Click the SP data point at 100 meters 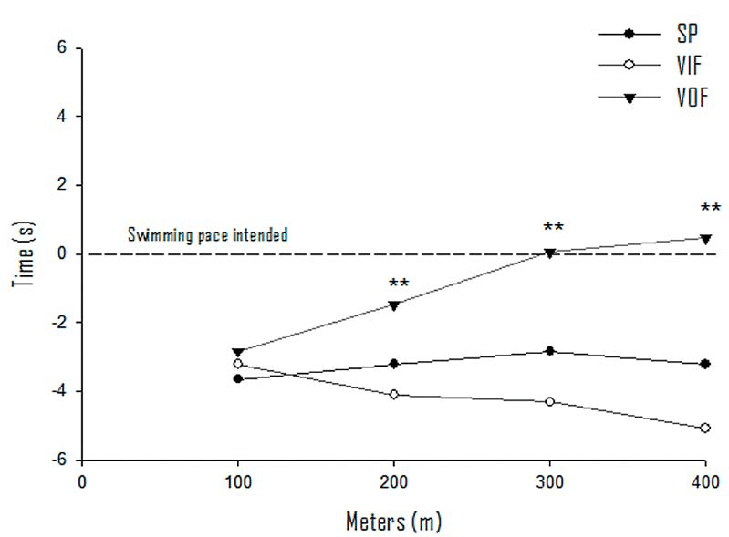click(x=238, y=378)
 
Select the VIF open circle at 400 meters click(x=705, y=428)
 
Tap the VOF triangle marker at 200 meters click(x=394, y=305)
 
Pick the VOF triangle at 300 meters click(x=550, y=253)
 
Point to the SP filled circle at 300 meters click(x=550, y=351)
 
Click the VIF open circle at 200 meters click(x=394, y=394)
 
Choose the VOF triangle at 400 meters click(x=705, y=239)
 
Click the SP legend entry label click(x=689, y=34)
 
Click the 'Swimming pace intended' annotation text click(x=208, y=235)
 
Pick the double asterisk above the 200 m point click(x=399, y=284)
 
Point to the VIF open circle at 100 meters click(x=238, y=364)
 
